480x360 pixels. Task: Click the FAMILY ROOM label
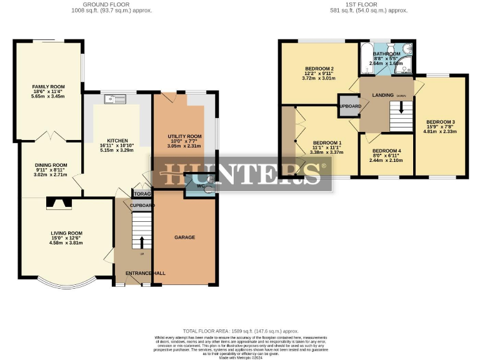[49, 87]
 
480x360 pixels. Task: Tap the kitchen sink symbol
[116, 98]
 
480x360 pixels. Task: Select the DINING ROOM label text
[51, 165]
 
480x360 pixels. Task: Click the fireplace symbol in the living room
[59, 202]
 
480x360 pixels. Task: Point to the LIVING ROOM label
[67, 233]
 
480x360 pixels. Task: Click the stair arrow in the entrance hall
[141, 242]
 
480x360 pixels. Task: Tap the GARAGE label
[184, 237]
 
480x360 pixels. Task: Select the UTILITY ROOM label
[184, 136]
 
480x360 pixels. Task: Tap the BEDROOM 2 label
[319, 68]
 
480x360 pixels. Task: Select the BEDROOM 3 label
[441, 121]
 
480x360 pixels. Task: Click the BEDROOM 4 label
[386, 151]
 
